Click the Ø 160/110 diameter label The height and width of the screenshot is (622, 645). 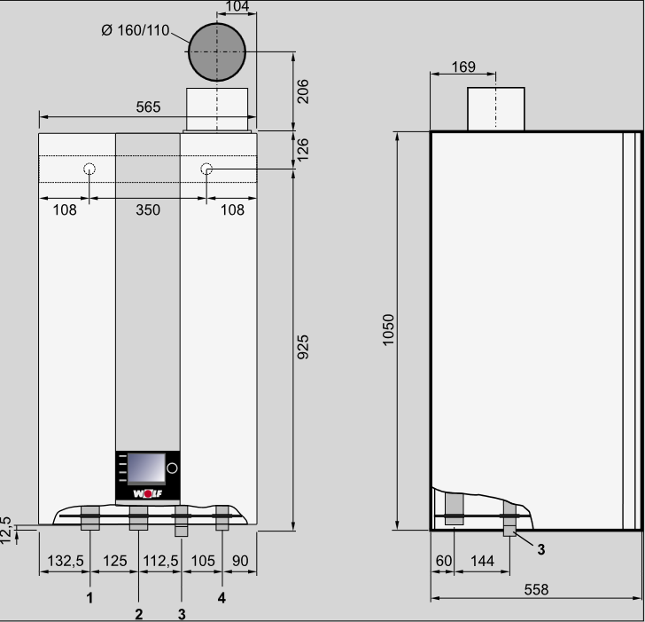(x=136, y=30)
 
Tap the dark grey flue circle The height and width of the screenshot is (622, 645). (x=217, y=51)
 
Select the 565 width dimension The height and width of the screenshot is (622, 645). (x=148, y=107)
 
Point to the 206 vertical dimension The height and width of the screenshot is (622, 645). (x=302, y=91)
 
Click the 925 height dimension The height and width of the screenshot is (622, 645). (x=303, y=347)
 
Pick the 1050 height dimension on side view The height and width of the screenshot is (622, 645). (x=388, y=329)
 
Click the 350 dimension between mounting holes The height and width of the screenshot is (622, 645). (x=148, y=209)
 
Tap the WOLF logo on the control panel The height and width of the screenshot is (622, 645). (x=148, y=493)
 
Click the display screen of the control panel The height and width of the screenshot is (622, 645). (x=146, y=468)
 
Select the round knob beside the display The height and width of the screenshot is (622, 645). (x=173, y=468)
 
